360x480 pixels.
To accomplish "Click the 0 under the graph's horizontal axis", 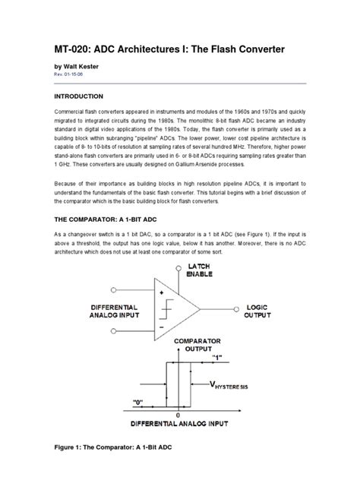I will click(x=178, y=415).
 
